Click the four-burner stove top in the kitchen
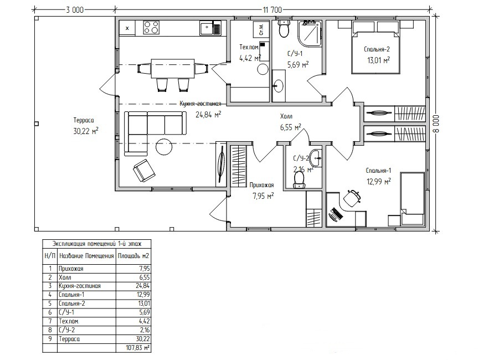point(152,28)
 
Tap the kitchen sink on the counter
point(210,28)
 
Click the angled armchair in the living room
point(144,170)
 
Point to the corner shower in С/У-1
point(310,34)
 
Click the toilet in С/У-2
point(299,180)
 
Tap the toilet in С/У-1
point(284,29)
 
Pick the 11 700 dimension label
point(272,10)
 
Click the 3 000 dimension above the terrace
point(75,10)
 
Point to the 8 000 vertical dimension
point(436,124)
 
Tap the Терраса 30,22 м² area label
point(86,126)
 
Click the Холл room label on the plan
point(286,116)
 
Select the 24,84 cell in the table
point(143,286)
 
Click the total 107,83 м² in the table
point(137,347)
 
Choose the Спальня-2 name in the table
point(72,304)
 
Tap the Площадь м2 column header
point(133,256)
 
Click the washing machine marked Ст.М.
point(261,29)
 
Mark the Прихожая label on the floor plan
point(261,185)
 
